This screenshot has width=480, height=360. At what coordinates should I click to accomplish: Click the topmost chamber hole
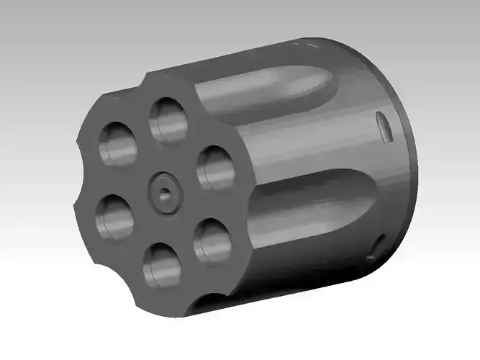[168, 119]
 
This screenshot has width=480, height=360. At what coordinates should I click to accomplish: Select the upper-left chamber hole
[117, 143]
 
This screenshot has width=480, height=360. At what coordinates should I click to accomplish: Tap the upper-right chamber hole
[214, 168]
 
